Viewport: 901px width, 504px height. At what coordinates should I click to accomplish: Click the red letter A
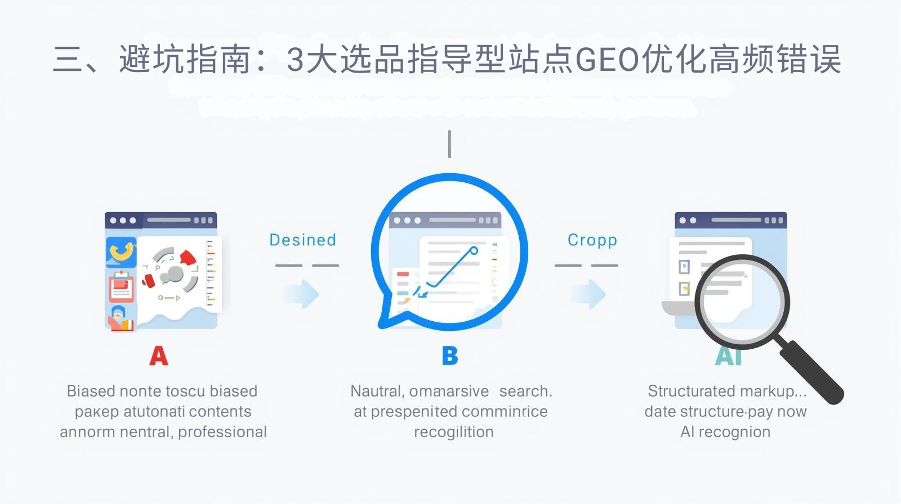point(159,356)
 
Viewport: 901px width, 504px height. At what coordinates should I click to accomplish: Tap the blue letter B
point(450,356)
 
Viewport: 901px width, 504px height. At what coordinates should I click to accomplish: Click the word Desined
point(302,240)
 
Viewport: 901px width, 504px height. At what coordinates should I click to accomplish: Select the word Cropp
point(592,240)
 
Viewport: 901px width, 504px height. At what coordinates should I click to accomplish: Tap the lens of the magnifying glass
point(742,302)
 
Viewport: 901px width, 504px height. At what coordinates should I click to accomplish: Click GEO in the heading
point(607,60)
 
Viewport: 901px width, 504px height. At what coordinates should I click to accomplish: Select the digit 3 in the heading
point(295,60)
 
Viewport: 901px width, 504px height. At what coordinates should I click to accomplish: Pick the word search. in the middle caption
point(525,391)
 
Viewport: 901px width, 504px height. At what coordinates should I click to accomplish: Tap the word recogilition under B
point(453,432)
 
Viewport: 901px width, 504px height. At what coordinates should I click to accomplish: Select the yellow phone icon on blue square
point(121,251)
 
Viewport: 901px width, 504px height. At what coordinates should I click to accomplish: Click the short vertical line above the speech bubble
point(449,144)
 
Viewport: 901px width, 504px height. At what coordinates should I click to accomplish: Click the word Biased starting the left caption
point(91,391)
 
